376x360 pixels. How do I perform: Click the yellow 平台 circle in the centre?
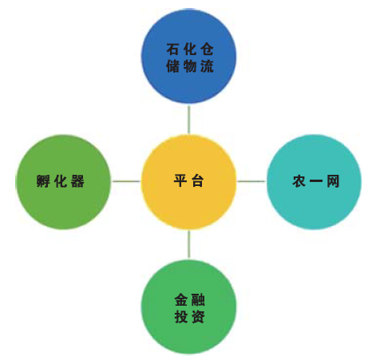coord(188,182)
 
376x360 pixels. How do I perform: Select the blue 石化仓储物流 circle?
coord(188,56)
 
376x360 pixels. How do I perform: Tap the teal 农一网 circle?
coord(314,182)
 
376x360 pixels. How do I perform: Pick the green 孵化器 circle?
coord(63,182)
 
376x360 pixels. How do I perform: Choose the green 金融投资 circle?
coord(188,307)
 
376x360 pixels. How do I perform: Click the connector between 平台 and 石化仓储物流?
coord(188,119)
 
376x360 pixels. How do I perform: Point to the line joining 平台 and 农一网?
coord(251,181)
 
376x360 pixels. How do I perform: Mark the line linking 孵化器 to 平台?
coord(126,181)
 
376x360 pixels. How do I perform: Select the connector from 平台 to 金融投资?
coord(189,244)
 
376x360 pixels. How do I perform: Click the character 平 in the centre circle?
coord(180,181)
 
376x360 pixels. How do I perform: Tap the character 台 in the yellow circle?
coord(198,181)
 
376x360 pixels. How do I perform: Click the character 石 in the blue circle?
coord(172,49)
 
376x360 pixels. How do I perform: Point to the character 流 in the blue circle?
coord(207,66)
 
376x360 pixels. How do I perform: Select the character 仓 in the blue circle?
coord(207,49)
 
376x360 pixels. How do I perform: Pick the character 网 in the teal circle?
coord(333,181)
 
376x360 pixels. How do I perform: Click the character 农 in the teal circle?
coord(299,181)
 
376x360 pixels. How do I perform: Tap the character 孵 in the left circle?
coord(43,181)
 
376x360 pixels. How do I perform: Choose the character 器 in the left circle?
coord(77,181)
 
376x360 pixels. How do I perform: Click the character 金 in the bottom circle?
coord(181,300)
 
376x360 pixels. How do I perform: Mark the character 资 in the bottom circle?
coord(198,317)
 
